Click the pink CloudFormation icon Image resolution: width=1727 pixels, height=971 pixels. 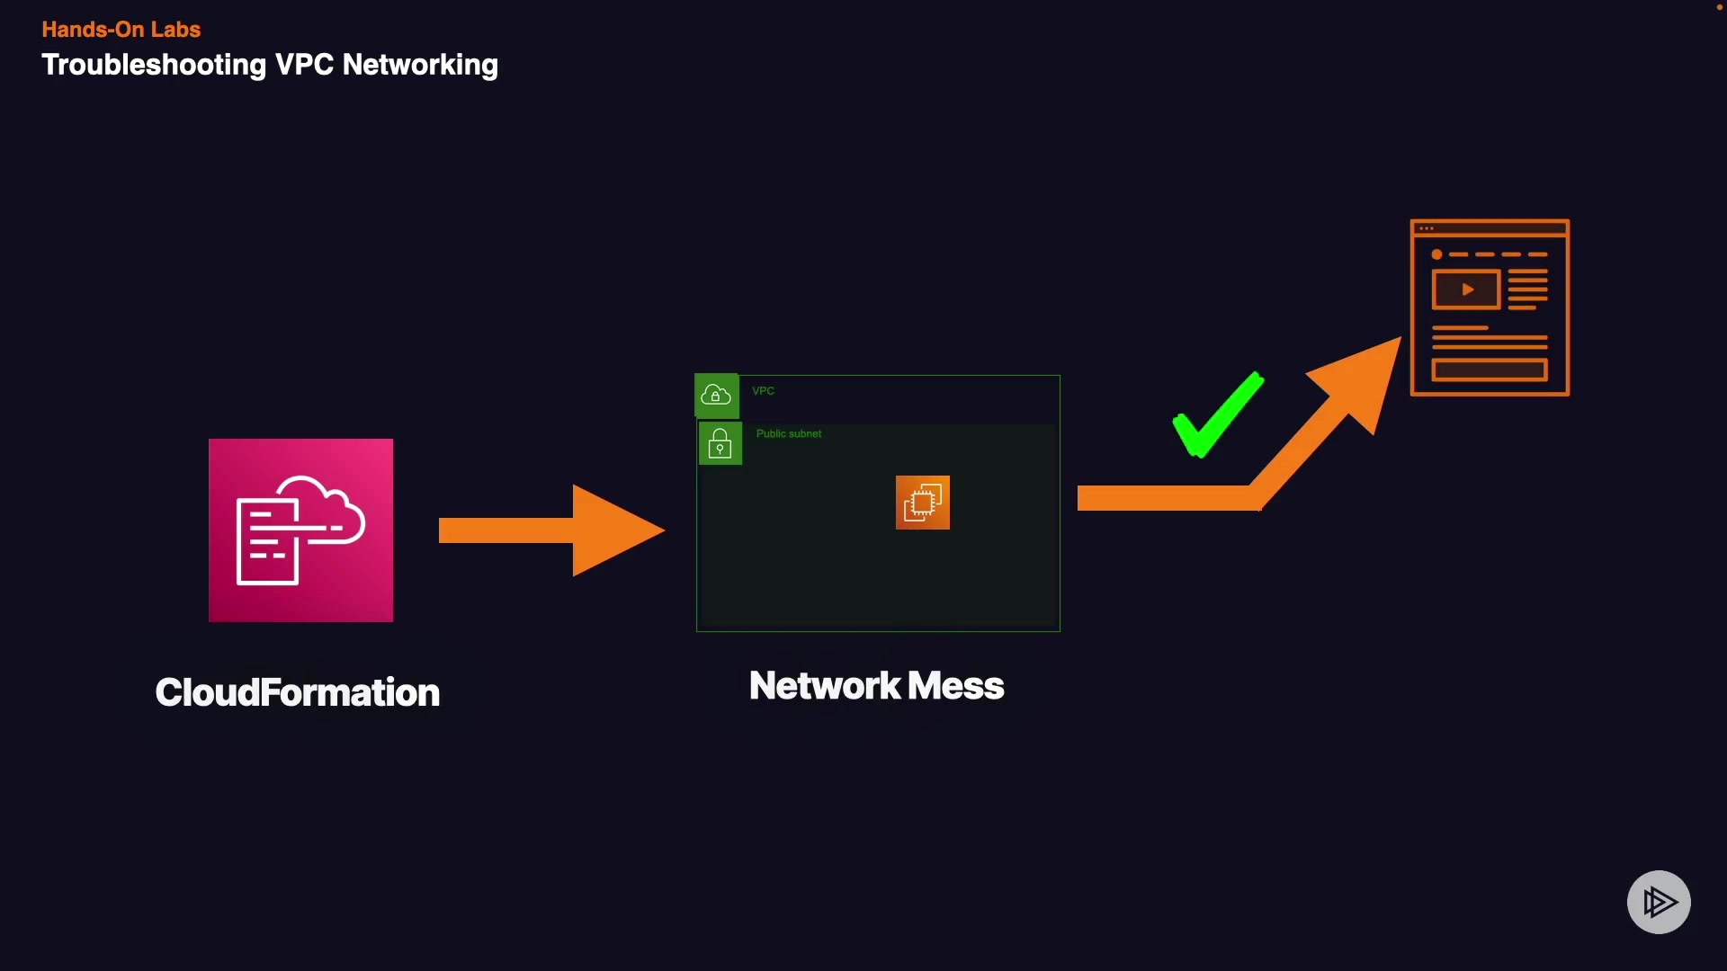300,530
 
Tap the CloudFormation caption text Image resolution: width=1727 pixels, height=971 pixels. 297,692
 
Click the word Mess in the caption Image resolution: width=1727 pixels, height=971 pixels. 955,686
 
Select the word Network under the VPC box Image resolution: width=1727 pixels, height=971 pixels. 825,686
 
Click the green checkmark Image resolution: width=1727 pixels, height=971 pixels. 1216,416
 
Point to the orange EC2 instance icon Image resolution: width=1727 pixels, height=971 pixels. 922,503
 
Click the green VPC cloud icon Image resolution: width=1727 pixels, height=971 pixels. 716,396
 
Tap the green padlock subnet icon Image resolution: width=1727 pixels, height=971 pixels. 720,444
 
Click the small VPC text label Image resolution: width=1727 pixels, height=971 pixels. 763,391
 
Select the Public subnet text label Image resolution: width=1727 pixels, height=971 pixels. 788,434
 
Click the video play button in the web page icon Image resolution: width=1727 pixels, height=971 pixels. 1466,290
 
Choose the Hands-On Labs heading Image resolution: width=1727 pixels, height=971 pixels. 121,30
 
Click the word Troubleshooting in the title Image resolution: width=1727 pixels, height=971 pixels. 154,65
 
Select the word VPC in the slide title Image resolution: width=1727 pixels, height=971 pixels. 304,65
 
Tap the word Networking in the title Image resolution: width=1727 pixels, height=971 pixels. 420,65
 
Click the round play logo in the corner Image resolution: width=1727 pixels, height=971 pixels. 1659,902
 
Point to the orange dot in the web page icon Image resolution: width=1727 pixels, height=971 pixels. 1436,254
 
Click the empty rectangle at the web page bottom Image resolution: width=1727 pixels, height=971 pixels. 1489,370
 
